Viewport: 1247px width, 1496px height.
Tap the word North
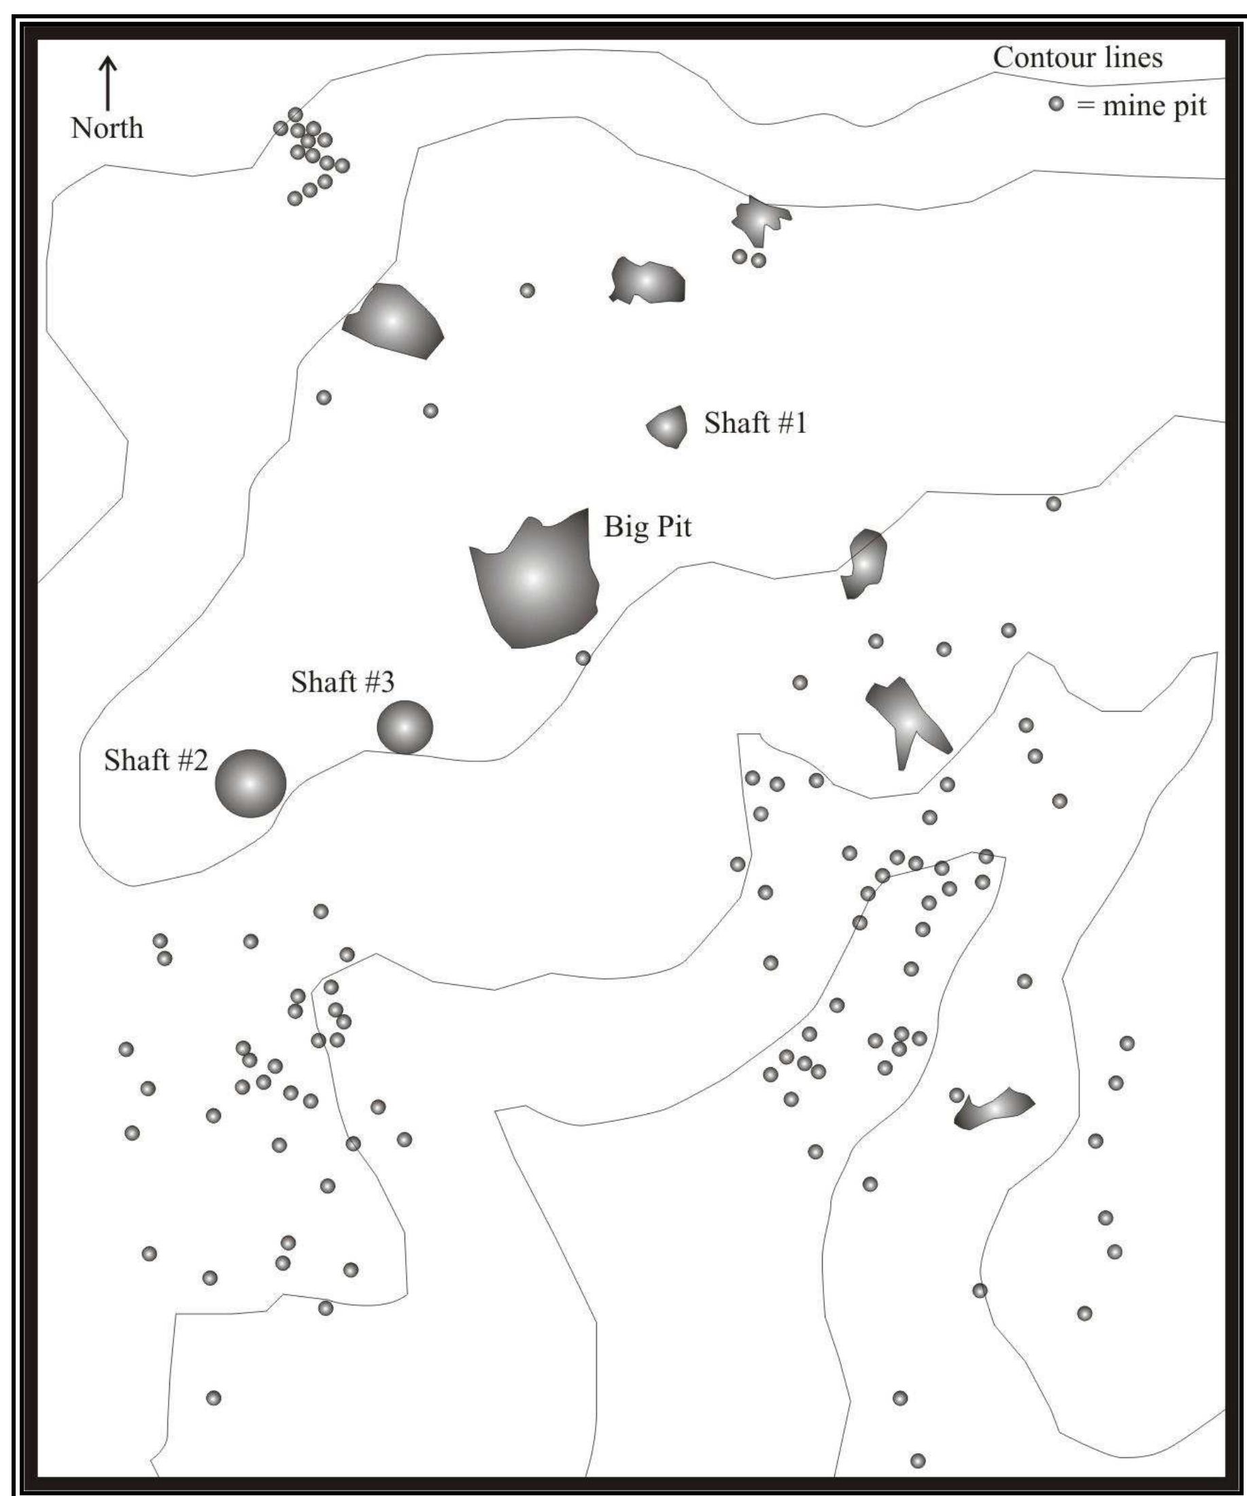click(x=107, y=128)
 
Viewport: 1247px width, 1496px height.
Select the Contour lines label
click(x=1078, y=58)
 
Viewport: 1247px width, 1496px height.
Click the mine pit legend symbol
click(x=1056, y=104)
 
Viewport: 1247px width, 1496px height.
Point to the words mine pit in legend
click(x=1155, y=106)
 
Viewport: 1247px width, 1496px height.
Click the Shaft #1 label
click(x=755, y=423)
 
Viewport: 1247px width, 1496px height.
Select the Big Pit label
click(x=647, y=527)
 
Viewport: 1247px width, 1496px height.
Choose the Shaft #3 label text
click(x=342, y=682)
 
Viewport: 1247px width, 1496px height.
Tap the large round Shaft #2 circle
click(x=250, y=783)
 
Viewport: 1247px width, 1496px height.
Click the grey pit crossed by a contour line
click(x=864, y=563)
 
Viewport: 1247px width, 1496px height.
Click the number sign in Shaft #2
click(x=184, y=761)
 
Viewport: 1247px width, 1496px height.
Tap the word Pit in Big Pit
click(x=673, y=527)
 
